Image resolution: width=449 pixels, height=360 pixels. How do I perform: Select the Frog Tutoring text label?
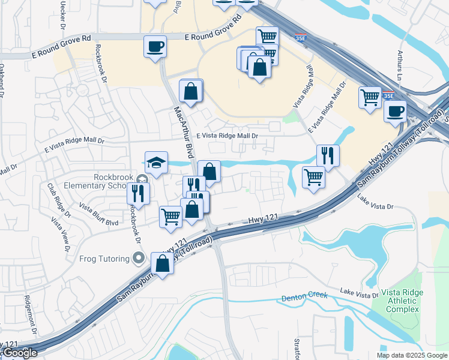click(x=104, y=259)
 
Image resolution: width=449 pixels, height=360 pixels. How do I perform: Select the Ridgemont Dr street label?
click(x=31, y=315)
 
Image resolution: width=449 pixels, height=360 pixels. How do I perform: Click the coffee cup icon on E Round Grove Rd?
click(x=155, y=46)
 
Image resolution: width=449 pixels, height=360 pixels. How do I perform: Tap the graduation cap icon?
click(x=156, y=163)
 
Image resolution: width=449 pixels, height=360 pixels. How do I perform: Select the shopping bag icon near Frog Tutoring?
click(x=162, y=263)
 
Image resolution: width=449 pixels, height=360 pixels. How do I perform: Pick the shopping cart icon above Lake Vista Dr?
click(x=313, y=178)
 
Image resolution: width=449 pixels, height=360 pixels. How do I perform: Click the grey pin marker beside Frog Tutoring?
click(x=139, y=259)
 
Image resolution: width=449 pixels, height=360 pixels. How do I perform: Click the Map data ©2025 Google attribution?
click(x=412, y=355)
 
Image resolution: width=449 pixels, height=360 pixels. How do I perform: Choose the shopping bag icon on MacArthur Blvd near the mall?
click(x=191, y=92)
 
